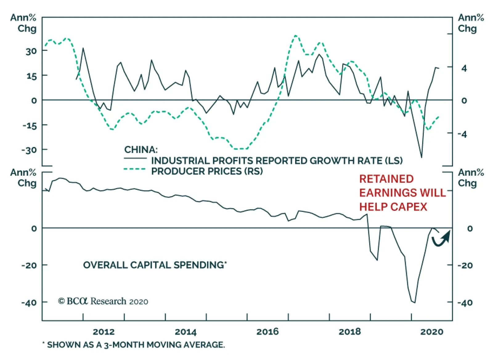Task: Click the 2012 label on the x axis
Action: point(104,332)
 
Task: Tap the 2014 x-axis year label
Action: point(185,332)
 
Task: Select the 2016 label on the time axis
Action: point(267,332)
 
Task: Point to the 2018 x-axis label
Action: point(350,332)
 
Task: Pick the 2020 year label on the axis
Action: point(432,332)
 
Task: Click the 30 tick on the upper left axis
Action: point(31,51)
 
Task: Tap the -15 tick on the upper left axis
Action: point(30,126)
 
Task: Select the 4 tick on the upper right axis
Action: point(464,68)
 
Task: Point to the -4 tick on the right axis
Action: point(462,134)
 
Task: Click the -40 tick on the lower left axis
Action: point(29,302)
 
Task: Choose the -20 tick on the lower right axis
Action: point(465,265)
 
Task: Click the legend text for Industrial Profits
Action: point(277,161)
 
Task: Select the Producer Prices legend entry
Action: point(207,171)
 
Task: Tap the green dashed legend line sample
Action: point(135,169)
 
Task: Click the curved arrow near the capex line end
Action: point(441,239)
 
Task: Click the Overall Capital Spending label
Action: point(155,265)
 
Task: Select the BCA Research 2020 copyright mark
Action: point(103,301)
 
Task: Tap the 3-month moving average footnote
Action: point(134,345)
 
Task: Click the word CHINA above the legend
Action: point(141,150)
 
